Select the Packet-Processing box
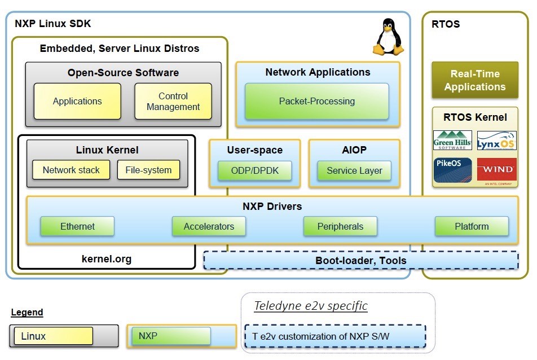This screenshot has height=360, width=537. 317,102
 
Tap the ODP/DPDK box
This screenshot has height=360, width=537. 254,170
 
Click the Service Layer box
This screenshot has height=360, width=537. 354,170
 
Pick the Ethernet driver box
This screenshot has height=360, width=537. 77,226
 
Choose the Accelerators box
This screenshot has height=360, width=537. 209,226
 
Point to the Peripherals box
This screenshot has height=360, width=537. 340,226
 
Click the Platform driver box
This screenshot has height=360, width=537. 472,226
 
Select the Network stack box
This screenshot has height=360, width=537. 71,170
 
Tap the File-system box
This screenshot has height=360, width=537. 148,170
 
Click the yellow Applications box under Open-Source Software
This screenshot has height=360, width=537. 77,102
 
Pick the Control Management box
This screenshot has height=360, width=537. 173,102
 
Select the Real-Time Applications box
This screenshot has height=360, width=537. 474,80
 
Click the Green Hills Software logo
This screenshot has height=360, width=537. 452,141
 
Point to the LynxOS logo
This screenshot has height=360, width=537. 496,141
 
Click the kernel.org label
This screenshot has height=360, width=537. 107,259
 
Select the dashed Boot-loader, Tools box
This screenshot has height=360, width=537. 361,260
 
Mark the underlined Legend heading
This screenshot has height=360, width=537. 27,312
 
